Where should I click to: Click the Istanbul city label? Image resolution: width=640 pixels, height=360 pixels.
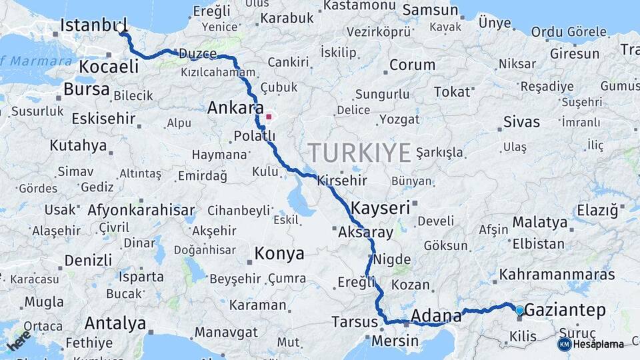click(93, 25)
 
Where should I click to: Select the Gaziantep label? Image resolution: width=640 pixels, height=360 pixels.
click(565, 310)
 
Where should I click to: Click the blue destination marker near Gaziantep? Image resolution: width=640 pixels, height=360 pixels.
click(519, 309)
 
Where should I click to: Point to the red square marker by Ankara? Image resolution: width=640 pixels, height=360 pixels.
click(269, 117)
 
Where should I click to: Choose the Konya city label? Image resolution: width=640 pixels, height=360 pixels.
click(279, 253)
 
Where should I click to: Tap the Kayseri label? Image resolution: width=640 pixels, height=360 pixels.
click(380, 207)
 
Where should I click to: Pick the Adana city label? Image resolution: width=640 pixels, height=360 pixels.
click(436, 315)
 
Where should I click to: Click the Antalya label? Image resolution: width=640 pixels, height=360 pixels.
click(115, 324)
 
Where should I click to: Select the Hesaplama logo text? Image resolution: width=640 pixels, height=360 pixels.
click(599, 344)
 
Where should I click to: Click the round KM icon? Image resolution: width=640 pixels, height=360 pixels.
click(564, 344)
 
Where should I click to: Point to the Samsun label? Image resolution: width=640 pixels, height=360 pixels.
click(431, 10)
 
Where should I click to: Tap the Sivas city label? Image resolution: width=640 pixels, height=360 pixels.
click(522, 122)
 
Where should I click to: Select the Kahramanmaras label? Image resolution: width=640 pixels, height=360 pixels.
click(547, 274)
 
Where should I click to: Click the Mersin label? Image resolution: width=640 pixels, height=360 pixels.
click(395, 341)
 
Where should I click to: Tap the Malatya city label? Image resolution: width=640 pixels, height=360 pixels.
click(539, 222)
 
